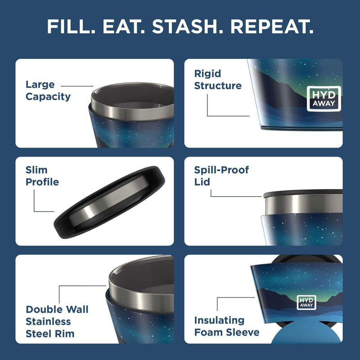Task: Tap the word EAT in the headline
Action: [124, 27]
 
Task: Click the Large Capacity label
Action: [48, 90]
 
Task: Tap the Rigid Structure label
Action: [218, 80]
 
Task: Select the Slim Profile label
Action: [42, 176]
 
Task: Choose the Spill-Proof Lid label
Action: [221, 176]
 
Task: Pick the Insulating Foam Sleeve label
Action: [227, 326]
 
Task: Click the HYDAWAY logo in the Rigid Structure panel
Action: [324, 99]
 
